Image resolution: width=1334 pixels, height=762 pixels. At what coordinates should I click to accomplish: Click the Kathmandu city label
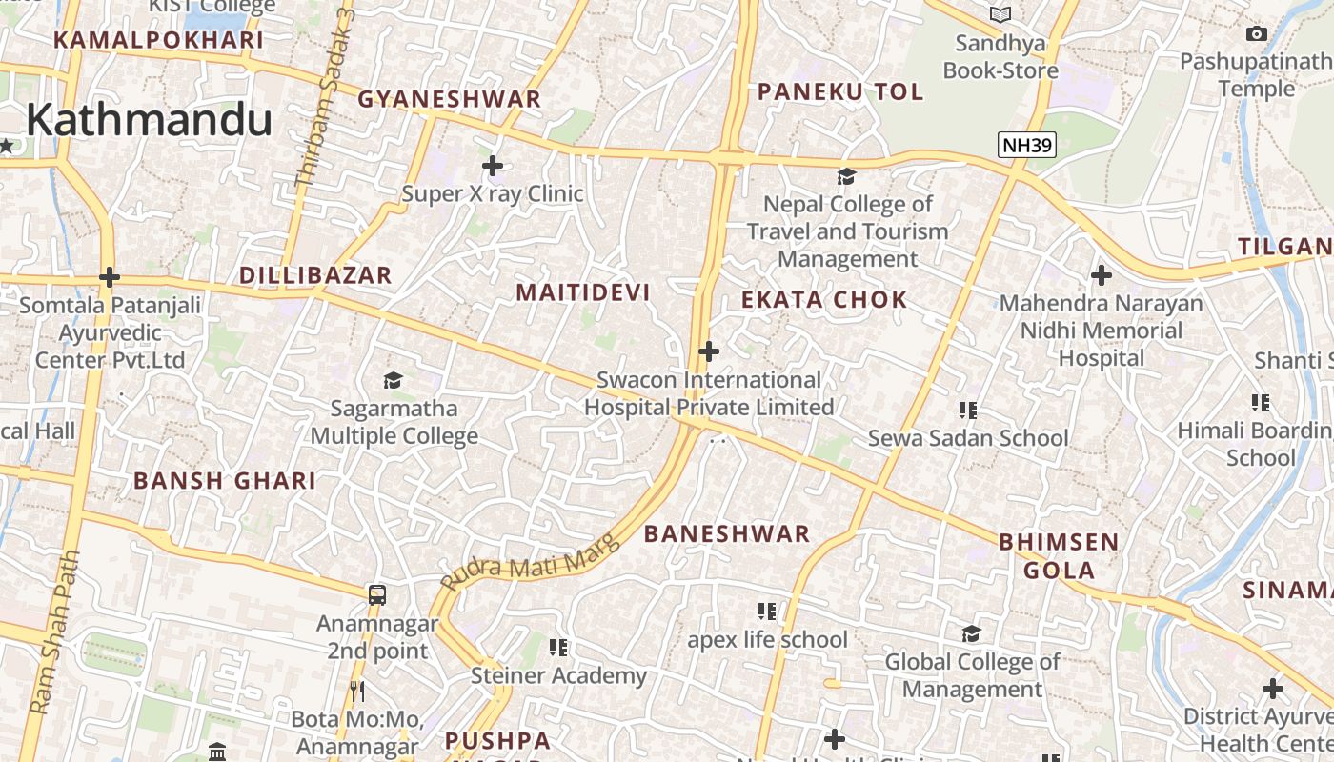point(149,120)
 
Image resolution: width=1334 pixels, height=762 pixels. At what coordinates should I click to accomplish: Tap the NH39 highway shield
point(1027,146)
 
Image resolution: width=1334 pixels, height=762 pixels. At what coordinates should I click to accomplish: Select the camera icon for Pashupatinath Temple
point(1257,34)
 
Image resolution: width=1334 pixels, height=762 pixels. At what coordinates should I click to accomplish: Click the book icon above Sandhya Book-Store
point(1000,14)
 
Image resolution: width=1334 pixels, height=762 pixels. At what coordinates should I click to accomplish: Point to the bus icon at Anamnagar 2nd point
point(377,595)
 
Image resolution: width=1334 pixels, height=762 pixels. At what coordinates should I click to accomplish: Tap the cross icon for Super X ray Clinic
point(493,166)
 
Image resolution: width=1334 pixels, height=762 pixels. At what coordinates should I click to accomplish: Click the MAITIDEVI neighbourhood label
point(583,292)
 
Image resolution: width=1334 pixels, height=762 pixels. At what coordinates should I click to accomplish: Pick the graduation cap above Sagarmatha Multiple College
point(394,381)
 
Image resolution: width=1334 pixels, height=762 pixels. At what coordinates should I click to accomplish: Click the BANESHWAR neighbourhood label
point(727,534)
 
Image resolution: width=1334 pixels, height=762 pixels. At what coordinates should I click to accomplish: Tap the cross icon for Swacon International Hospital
point(708,351)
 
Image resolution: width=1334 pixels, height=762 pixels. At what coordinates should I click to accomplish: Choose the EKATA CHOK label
point(824,300)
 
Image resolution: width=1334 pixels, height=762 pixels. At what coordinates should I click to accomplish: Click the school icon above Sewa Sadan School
point(968,411)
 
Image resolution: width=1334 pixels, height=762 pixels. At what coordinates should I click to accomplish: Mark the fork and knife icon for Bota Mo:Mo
point(357,691)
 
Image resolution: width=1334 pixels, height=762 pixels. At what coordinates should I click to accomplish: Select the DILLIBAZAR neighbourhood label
point(315,276)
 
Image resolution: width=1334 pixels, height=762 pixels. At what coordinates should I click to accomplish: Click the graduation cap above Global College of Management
point(971,634)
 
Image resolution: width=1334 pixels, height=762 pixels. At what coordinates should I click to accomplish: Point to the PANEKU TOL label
point(840,91)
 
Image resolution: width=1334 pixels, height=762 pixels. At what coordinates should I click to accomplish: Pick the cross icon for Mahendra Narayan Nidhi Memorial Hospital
point(1102,276)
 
